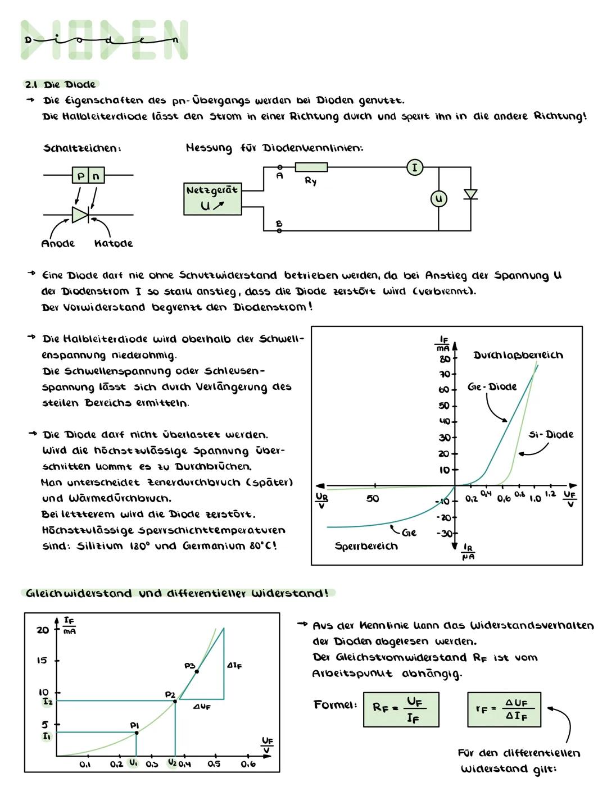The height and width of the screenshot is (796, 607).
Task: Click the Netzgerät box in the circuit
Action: [x=212, y=198]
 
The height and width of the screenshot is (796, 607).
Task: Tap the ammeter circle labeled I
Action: [x=415, y=167]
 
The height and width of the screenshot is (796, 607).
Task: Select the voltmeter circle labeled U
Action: [x=438, y=199]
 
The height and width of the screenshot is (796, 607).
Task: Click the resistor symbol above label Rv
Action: [x=311, y=167]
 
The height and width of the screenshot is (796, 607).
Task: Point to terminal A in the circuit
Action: [x=279, y=167]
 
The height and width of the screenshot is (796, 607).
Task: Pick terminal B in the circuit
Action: [x=279, y=230]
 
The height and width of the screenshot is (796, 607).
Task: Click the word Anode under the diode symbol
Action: [x=58, y=244]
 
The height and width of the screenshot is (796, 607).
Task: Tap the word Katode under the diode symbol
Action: [x=114, y=244]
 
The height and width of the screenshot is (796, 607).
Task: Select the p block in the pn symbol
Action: [x=81, y=176]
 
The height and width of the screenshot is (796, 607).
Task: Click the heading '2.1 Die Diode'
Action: [x=60, y=84]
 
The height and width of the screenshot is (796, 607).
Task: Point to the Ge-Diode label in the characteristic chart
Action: [x=492, y=387]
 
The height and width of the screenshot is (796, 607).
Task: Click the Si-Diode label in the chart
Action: [x=551, y=434]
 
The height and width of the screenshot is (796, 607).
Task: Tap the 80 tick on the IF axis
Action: [x=444, y=358]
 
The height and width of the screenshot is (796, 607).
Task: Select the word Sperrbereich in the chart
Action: [x=366, y=546]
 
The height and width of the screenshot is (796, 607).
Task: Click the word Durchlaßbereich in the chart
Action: [x=518, y=355]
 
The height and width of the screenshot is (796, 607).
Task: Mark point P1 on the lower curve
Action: [x=136, y=733]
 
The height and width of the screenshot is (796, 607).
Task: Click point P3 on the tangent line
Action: [x=197, y=671]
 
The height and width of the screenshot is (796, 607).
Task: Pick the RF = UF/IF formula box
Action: [x=401, y=709]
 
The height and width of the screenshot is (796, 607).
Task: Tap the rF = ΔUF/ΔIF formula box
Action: [x=504, y=709]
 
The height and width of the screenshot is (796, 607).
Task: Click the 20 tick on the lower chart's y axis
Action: [x=43, y=630]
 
